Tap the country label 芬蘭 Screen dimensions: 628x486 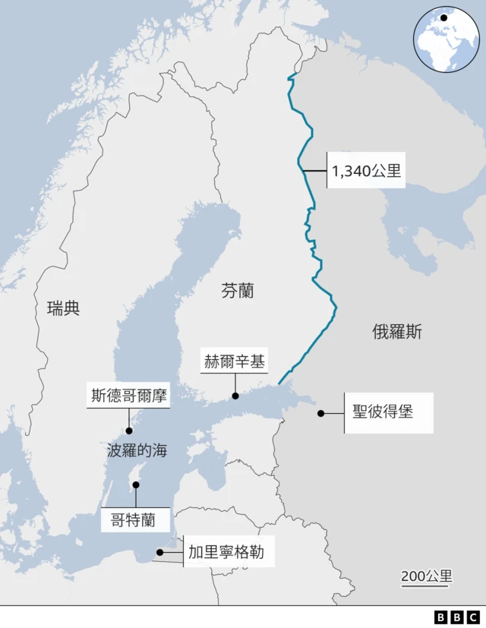click(x=238, y=290)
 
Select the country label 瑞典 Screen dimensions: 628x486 click(x=63, y=308)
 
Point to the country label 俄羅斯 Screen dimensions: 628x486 click(x=397, y=331)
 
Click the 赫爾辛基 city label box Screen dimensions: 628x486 click(x=235, y=361)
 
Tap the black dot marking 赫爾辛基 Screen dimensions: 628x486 click(x=235, y=396)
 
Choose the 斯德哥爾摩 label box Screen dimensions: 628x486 click(x=128, y=396)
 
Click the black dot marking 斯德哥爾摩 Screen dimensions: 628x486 click(x=129, y=431)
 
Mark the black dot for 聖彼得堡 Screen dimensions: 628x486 click(x=321, y=414)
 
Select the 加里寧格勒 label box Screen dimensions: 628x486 click(x=226, y=552)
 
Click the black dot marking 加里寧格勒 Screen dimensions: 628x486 click(x=159, y=553)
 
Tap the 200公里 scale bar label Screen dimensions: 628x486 click(x=426, y=576)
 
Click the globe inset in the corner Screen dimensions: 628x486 click(x=446, y=39)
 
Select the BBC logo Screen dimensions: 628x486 click(x=456, y=617)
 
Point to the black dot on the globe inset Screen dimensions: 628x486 click(x=443, y=17)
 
